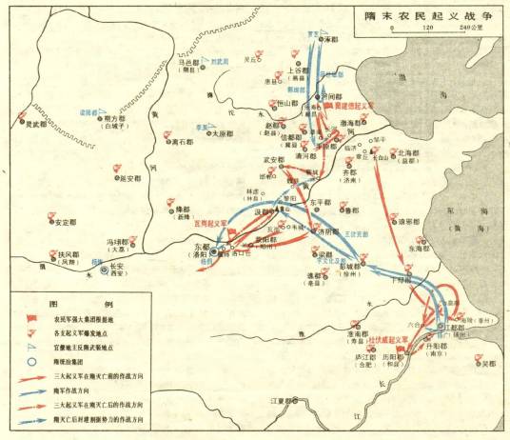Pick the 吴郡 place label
489,364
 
